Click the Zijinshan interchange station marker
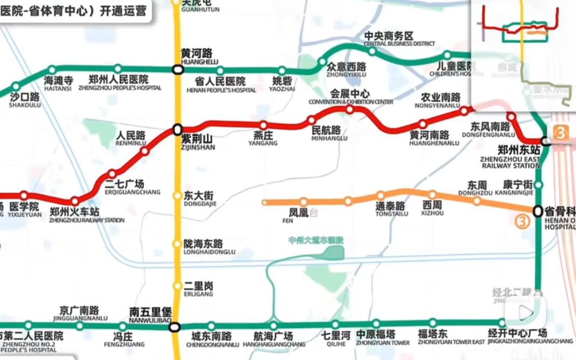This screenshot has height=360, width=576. click(x=177, y=129)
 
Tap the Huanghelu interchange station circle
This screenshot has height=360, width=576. click(x=177, y=69)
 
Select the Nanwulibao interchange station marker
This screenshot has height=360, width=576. click(x=175, y=326)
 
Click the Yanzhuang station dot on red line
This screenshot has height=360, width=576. click(x=263, y=125)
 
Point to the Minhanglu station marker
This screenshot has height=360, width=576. click(x=311, y=121)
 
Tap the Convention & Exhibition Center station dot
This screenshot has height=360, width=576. click(x=350, y=109)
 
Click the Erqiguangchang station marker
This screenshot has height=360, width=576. click(x=112, y=174)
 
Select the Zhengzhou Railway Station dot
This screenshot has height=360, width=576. click(x=75, y=201)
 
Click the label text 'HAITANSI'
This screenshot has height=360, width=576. click(x=59, y=88)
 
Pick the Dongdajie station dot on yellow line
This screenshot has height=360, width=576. click(x=177, y=196)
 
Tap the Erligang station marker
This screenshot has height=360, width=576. click(x=177, y=286)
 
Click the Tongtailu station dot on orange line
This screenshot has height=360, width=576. click(x=380, y=196)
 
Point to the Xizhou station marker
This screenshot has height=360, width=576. click(x=433, y=195)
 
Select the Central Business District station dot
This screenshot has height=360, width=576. click(x=372, y=51)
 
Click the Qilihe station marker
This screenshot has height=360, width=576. click(x=335, y=324)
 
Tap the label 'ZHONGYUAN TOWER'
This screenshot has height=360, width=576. click(x=383, y=343)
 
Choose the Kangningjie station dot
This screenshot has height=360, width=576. click(x=538, y=185)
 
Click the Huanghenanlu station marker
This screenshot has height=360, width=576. click(x=423, y=124)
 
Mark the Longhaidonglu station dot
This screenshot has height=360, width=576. click(x=177, y=244)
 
